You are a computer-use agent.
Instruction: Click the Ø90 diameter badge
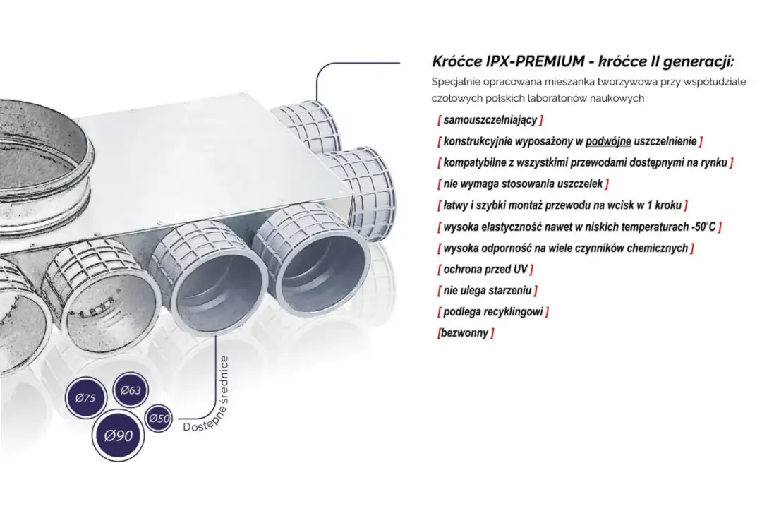[x=118, y=435]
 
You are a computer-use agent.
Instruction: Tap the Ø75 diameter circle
[x=85, y=397]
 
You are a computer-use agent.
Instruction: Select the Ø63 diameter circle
[x=131, y=390]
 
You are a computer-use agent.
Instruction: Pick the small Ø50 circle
[x=159, y=418]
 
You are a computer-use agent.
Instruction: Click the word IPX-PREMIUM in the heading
[x=535, y=61]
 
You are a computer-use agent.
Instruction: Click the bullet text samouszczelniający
[x=490, y=120]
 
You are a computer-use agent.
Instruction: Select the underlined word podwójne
[x=608, y=141]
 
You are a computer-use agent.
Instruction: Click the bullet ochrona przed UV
[x=485, y=270]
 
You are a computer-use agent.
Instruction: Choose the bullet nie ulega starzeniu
[x=487, y=291]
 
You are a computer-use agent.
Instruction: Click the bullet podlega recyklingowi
[x=492, y=312]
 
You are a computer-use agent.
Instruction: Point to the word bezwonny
[x=465, y=333]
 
